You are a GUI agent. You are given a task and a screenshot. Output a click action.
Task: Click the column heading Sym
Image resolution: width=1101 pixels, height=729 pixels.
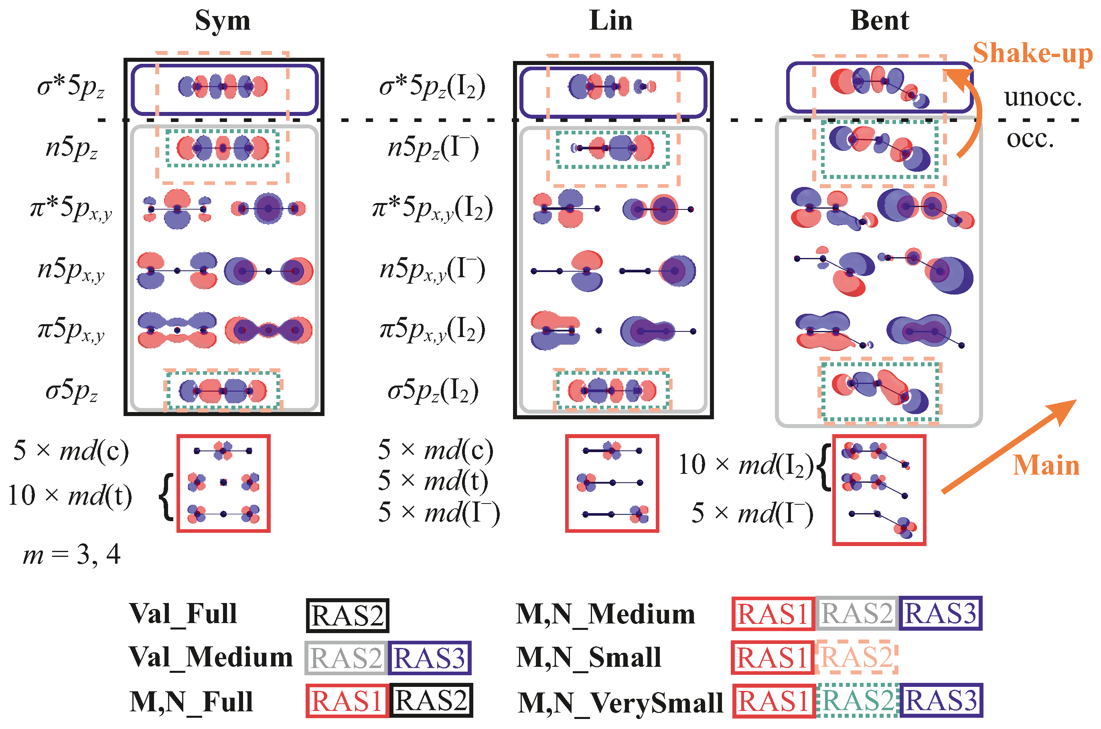pyautogui.click(x=223, y=21)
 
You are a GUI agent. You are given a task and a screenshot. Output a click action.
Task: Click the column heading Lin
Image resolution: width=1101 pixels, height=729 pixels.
pyautogui.click(x=611, y=21)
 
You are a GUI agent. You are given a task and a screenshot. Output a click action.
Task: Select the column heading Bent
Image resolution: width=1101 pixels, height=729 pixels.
pyautogui.click(x=879, y=21)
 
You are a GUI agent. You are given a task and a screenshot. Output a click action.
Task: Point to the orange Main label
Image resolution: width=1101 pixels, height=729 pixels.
pyautogui.click(x=1046, y=465)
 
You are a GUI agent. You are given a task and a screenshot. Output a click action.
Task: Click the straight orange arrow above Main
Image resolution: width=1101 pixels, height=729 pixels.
pyautogui.click(x=1008, y=446)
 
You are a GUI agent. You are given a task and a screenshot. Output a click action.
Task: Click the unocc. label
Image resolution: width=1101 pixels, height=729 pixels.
pyautogui.click(x=1043, y=97)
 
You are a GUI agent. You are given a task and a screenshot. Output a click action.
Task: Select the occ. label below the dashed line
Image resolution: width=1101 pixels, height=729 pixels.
pyautogui.click(x=1030, y=138)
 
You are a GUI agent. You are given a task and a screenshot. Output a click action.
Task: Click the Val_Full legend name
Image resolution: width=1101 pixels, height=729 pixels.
pyautogui.click(x=184, y=614)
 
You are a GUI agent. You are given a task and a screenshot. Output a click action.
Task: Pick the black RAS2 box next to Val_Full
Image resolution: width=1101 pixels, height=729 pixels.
pyautogui.click(x=347, y=615)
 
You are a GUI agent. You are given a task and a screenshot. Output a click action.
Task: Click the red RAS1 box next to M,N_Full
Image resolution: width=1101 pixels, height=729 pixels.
pyautogui.click(x=347, y=701)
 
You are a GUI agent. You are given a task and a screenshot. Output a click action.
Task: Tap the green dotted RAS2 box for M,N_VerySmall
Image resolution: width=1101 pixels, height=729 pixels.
pyautogui.click(x=858, y=701)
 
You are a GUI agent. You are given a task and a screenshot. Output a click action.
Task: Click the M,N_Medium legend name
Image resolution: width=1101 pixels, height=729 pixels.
pyautogui.click(x=606, y=614)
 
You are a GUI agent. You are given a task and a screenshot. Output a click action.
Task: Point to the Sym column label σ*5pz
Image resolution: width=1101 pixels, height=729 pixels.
pyautogui.click(x=71, y=87)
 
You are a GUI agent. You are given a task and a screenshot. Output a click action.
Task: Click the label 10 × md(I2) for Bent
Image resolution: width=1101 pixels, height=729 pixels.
pyautogui.click(x=746, y=465)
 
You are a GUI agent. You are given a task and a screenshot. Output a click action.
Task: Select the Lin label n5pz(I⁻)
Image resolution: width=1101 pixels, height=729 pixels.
pyautogui.click(x=433, y=148)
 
